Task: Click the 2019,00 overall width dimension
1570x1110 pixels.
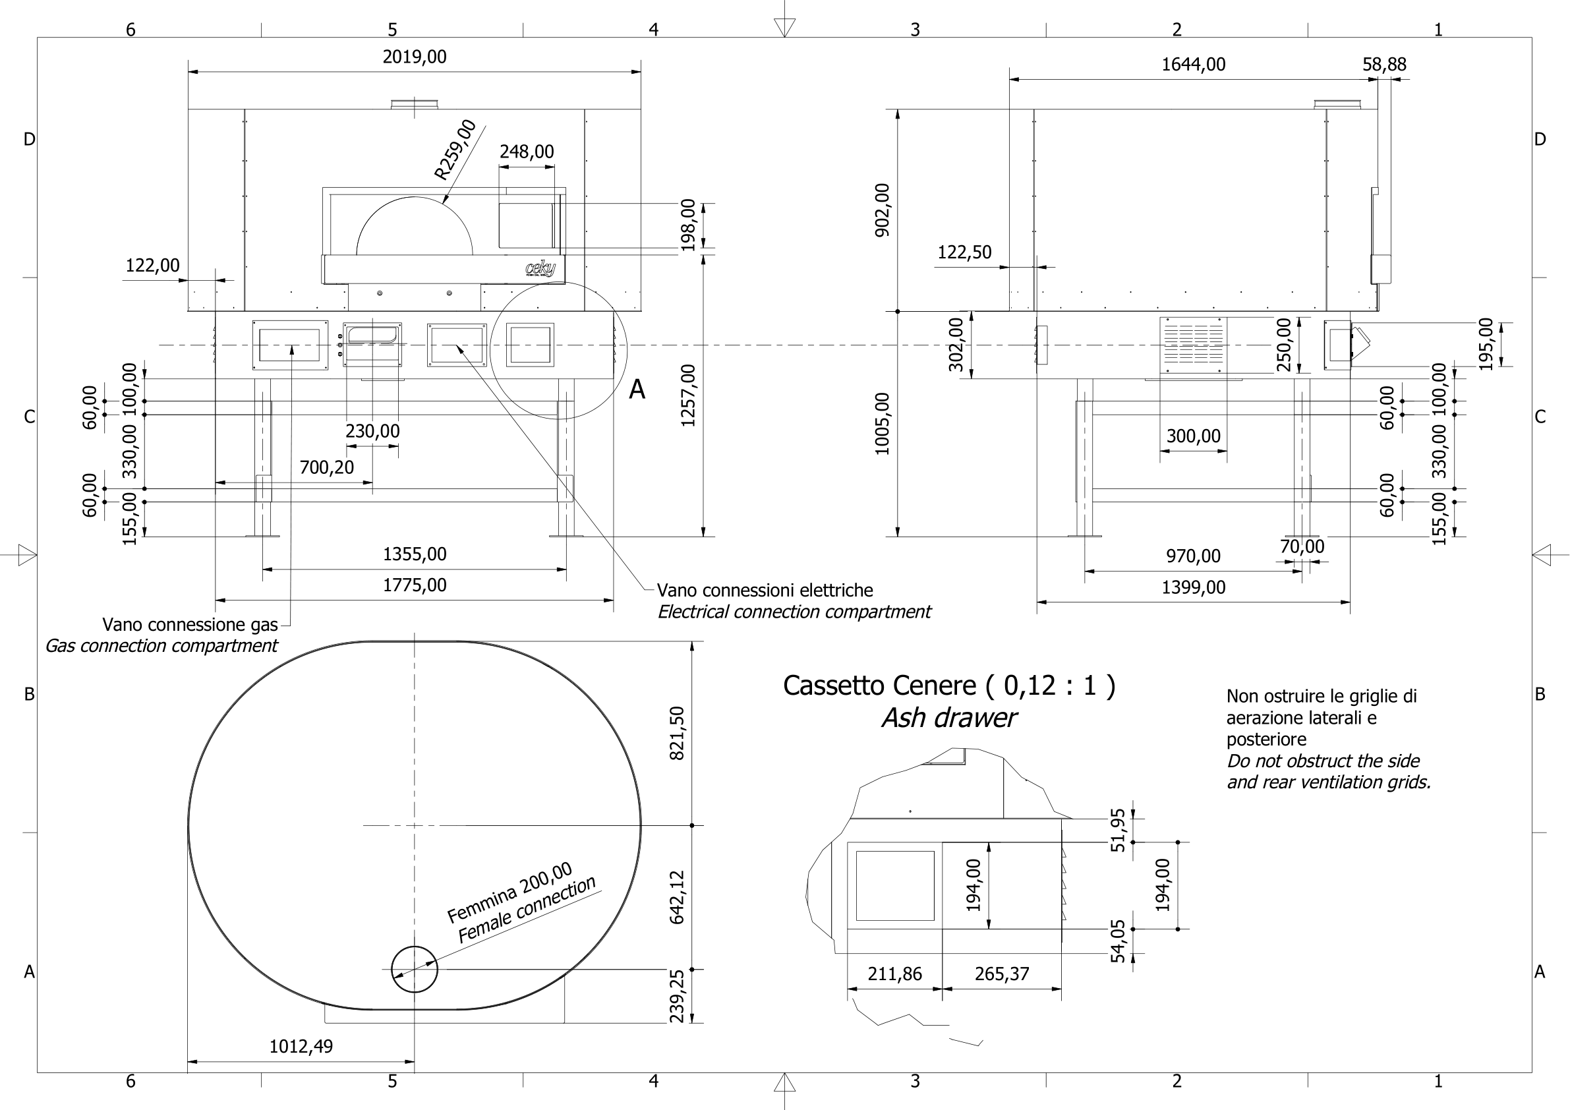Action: click(x=414, y=57)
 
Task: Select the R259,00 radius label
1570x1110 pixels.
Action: click(x=455, y=150)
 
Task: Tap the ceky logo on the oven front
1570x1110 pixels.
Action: click(x=540, y=269)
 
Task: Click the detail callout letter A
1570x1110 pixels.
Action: click(x=637, y=390)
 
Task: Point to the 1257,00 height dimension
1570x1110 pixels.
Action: click(x=688, y=395)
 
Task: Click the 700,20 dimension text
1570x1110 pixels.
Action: click(x=327, y=468)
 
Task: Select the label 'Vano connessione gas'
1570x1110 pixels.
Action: click(x=190, y=624)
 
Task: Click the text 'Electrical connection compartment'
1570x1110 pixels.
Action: click(x=793, y=612)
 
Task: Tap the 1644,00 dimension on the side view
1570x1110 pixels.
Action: click(x=1193, y=65)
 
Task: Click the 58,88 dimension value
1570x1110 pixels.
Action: click(x=1384, y=65)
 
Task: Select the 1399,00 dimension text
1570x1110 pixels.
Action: click(x=1193, y=587)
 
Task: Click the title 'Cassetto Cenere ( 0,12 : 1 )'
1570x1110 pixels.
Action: click(x=948, y=686)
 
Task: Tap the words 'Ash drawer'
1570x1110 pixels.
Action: click(x=948, y=718)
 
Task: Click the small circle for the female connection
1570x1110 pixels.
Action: click(x=414, y=969)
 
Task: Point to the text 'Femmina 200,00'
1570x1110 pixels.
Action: click(x=509, y=892)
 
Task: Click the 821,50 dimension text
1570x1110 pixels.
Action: click(x=676, y=733)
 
